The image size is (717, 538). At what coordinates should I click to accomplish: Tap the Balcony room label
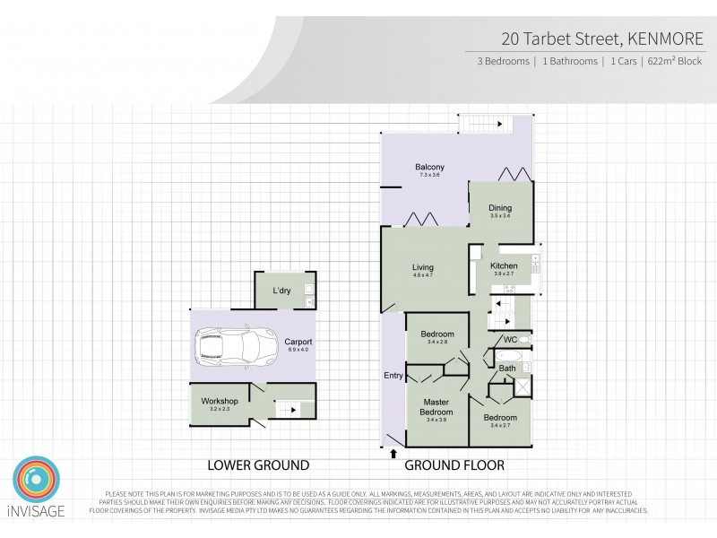[x=429, y=167]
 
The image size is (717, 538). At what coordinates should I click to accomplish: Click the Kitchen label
[x=503, y=266]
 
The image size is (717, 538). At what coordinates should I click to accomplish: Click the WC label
[x=510, y=339]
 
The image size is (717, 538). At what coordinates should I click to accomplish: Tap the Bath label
[x=506, y=368]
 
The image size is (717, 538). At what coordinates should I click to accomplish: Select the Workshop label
[x=220, y=400]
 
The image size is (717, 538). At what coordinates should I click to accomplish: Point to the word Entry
[x=393, y=375]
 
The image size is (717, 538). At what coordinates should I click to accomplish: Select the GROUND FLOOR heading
[x=454, y=465]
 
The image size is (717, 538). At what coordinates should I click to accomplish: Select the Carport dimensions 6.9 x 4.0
[x=298, y=350]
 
